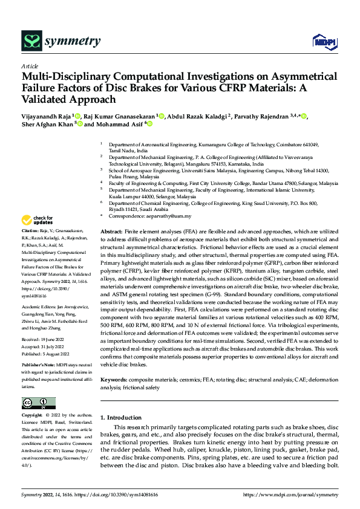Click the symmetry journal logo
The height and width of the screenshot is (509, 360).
point(61,41)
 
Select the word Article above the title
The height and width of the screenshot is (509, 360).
point(30,66)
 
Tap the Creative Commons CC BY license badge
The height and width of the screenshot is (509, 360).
point(39,403)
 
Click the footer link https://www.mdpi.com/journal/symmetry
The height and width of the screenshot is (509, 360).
point(290,494)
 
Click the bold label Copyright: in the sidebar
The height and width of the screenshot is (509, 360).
point(33,416)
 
